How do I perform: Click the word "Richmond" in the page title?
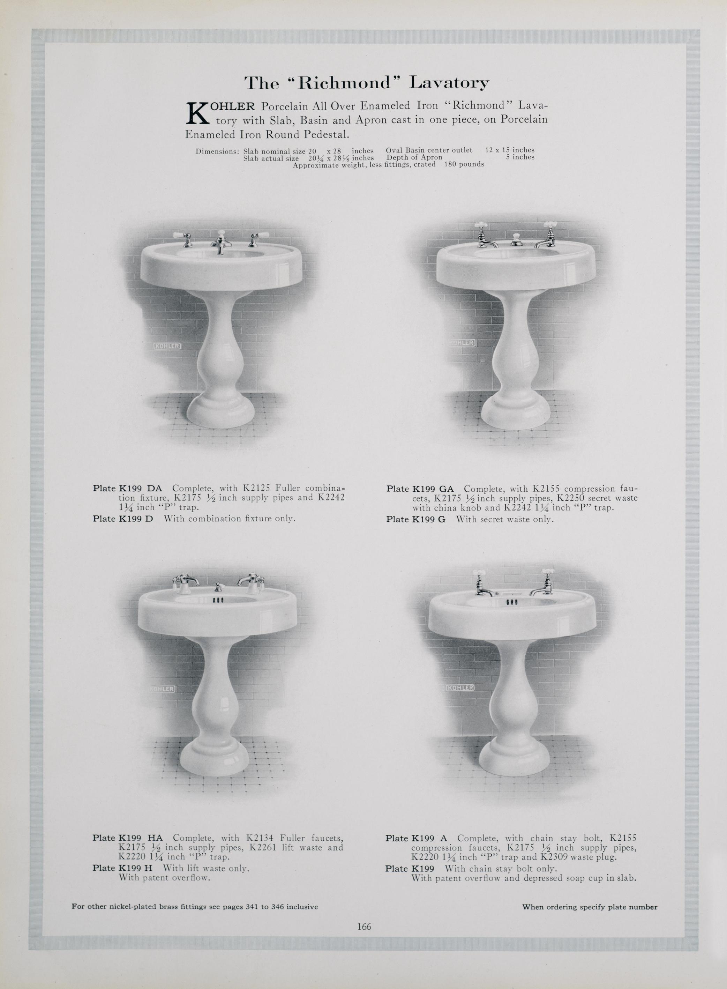coord(342,83)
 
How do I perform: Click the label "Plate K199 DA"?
coord(127,488)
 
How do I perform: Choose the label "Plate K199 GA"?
coord(420,489)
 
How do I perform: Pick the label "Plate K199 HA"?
coord(128,838)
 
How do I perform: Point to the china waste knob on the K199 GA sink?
coord(516,240)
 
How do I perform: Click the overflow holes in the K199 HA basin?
coord(219,600)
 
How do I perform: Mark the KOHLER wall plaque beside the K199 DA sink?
coord(167,346)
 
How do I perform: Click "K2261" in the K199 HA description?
coord(263,847)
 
